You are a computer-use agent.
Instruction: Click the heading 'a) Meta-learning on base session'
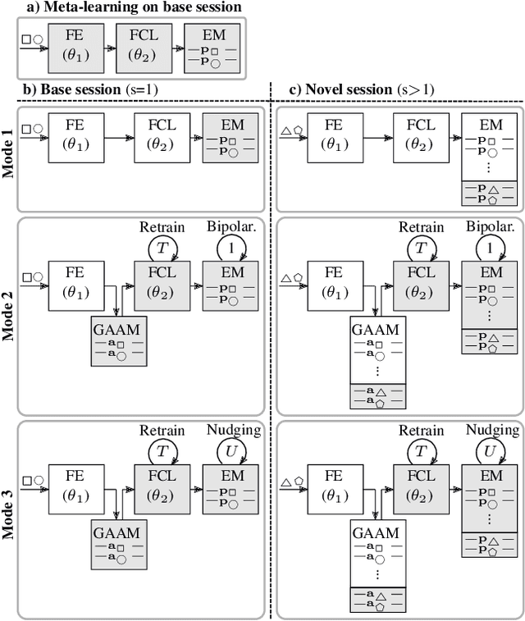122,7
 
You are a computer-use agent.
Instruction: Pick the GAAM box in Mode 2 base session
118,337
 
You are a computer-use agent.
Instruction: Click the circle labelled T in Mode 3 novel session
421,452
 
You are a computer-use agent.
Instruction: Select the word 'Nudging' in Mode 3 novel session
492,429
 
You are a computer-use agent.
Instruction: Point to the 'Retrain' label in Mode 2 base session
162,227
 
